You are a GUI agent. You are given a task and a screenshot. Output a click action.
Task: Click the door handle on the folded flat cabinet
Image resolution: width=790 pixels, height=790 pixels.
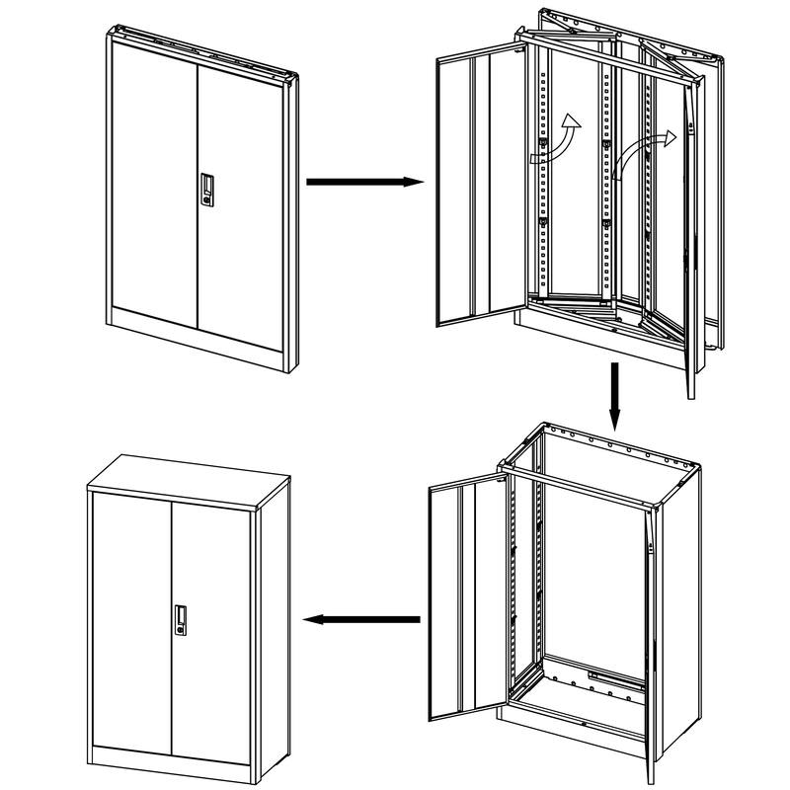206,190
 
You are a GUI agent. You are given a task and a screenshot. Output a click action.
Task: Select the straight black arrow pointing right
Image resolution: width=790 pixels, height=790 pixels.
364,182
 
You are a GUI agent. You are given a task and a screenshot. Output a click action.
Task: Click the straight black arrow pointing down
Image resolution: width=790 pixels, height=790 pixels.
614,396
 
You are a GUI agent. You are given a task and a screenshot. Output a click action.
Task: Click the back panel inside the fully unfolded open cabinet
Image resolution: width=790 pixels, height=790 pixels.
592,573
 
